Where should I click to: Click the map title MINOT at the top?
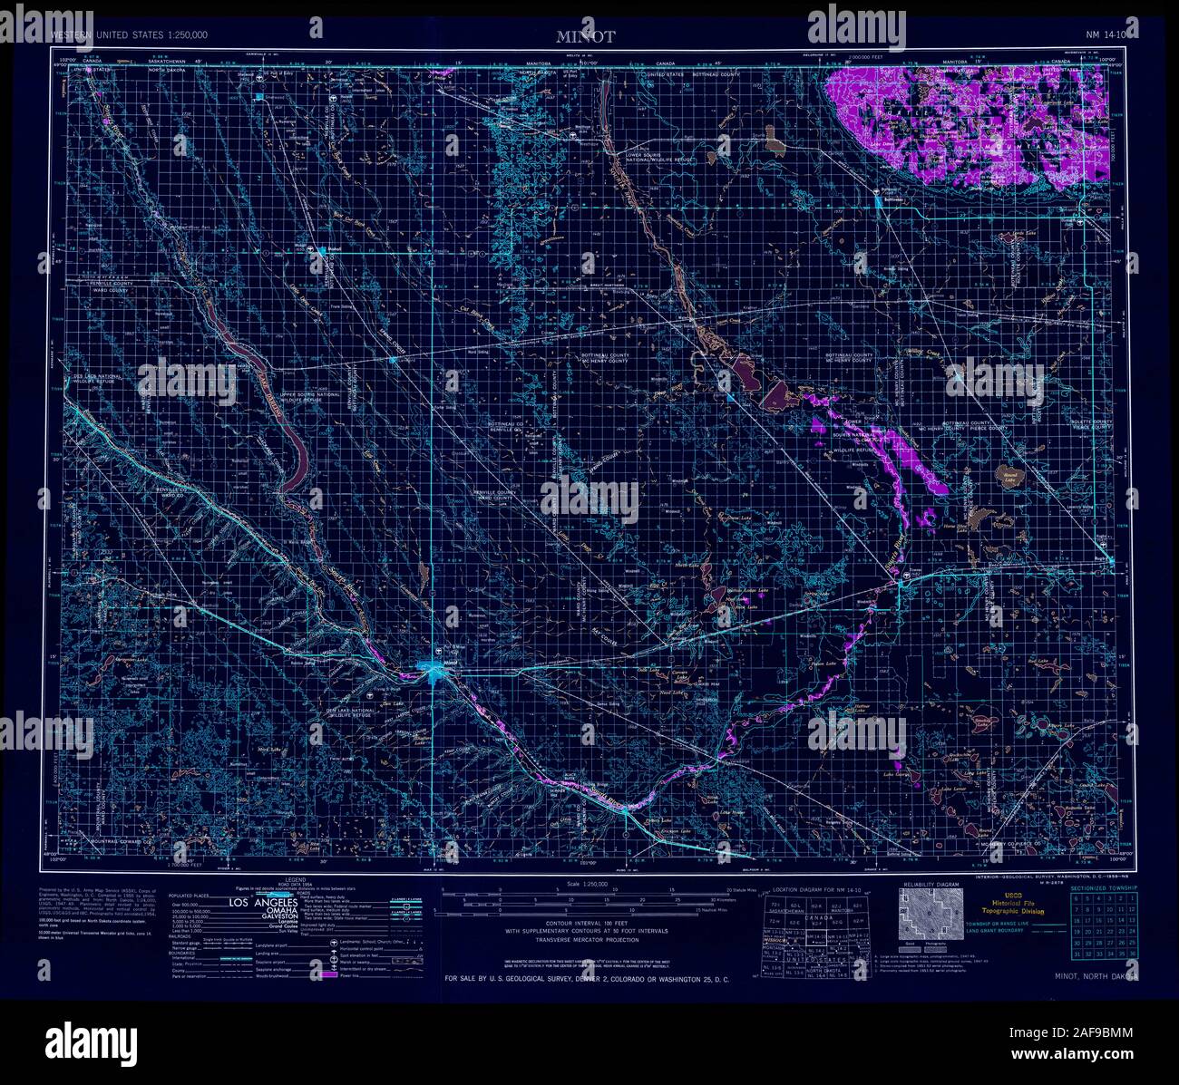[x=586, y=37]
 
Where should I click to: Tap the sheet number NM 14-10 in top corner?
[x=1106, y=35]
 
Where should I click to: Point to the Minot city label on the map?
[x=451, y=665]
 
